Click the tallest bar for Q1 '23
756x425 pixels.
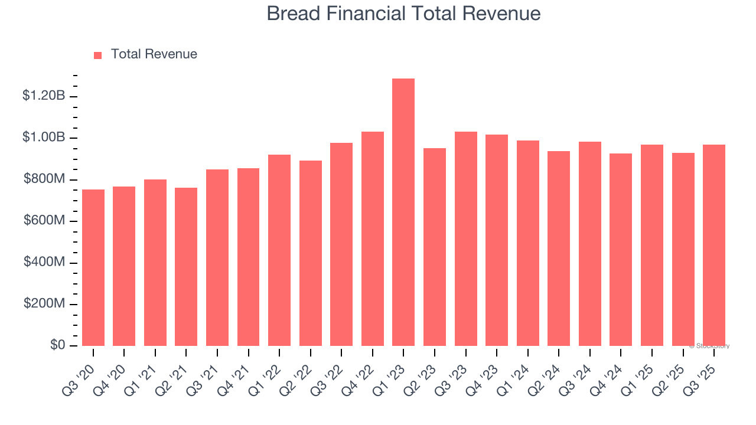pyautogui.click(x=403, y=212)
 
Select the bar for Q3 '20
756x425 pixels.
pyautogui.click(x=93, y=267)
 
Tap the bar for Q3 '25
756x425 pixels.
pyautogui.click(x=714, y=245)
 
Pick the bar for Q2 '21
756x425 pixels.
pyautogui.click(x=186, y=267)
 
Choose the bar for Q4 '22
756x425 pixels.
pyautogui.click(x=373, y=238)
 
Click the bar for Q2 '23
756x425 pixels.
pyautogui.click(x=435, y=247)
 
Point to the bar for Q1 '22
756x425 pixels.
pyautogui.click(x=279, y=250)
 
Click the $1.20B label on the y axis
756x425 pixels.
pyautogui.click(x=43, y=96)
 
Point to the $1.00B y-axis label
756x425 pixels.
pyautogui.click(x=43, y=138)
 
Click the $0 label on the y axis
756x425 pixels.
pyautogui.click(x=57, y=345)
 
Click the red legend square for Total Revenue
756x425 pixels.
pyautogui.click(x=98, y=55)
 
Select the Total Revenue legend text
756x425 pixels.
pyautogui.click(x=154, y=54)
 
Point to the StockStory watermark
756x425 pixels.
pyautogui.click(x=710, y=346)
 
